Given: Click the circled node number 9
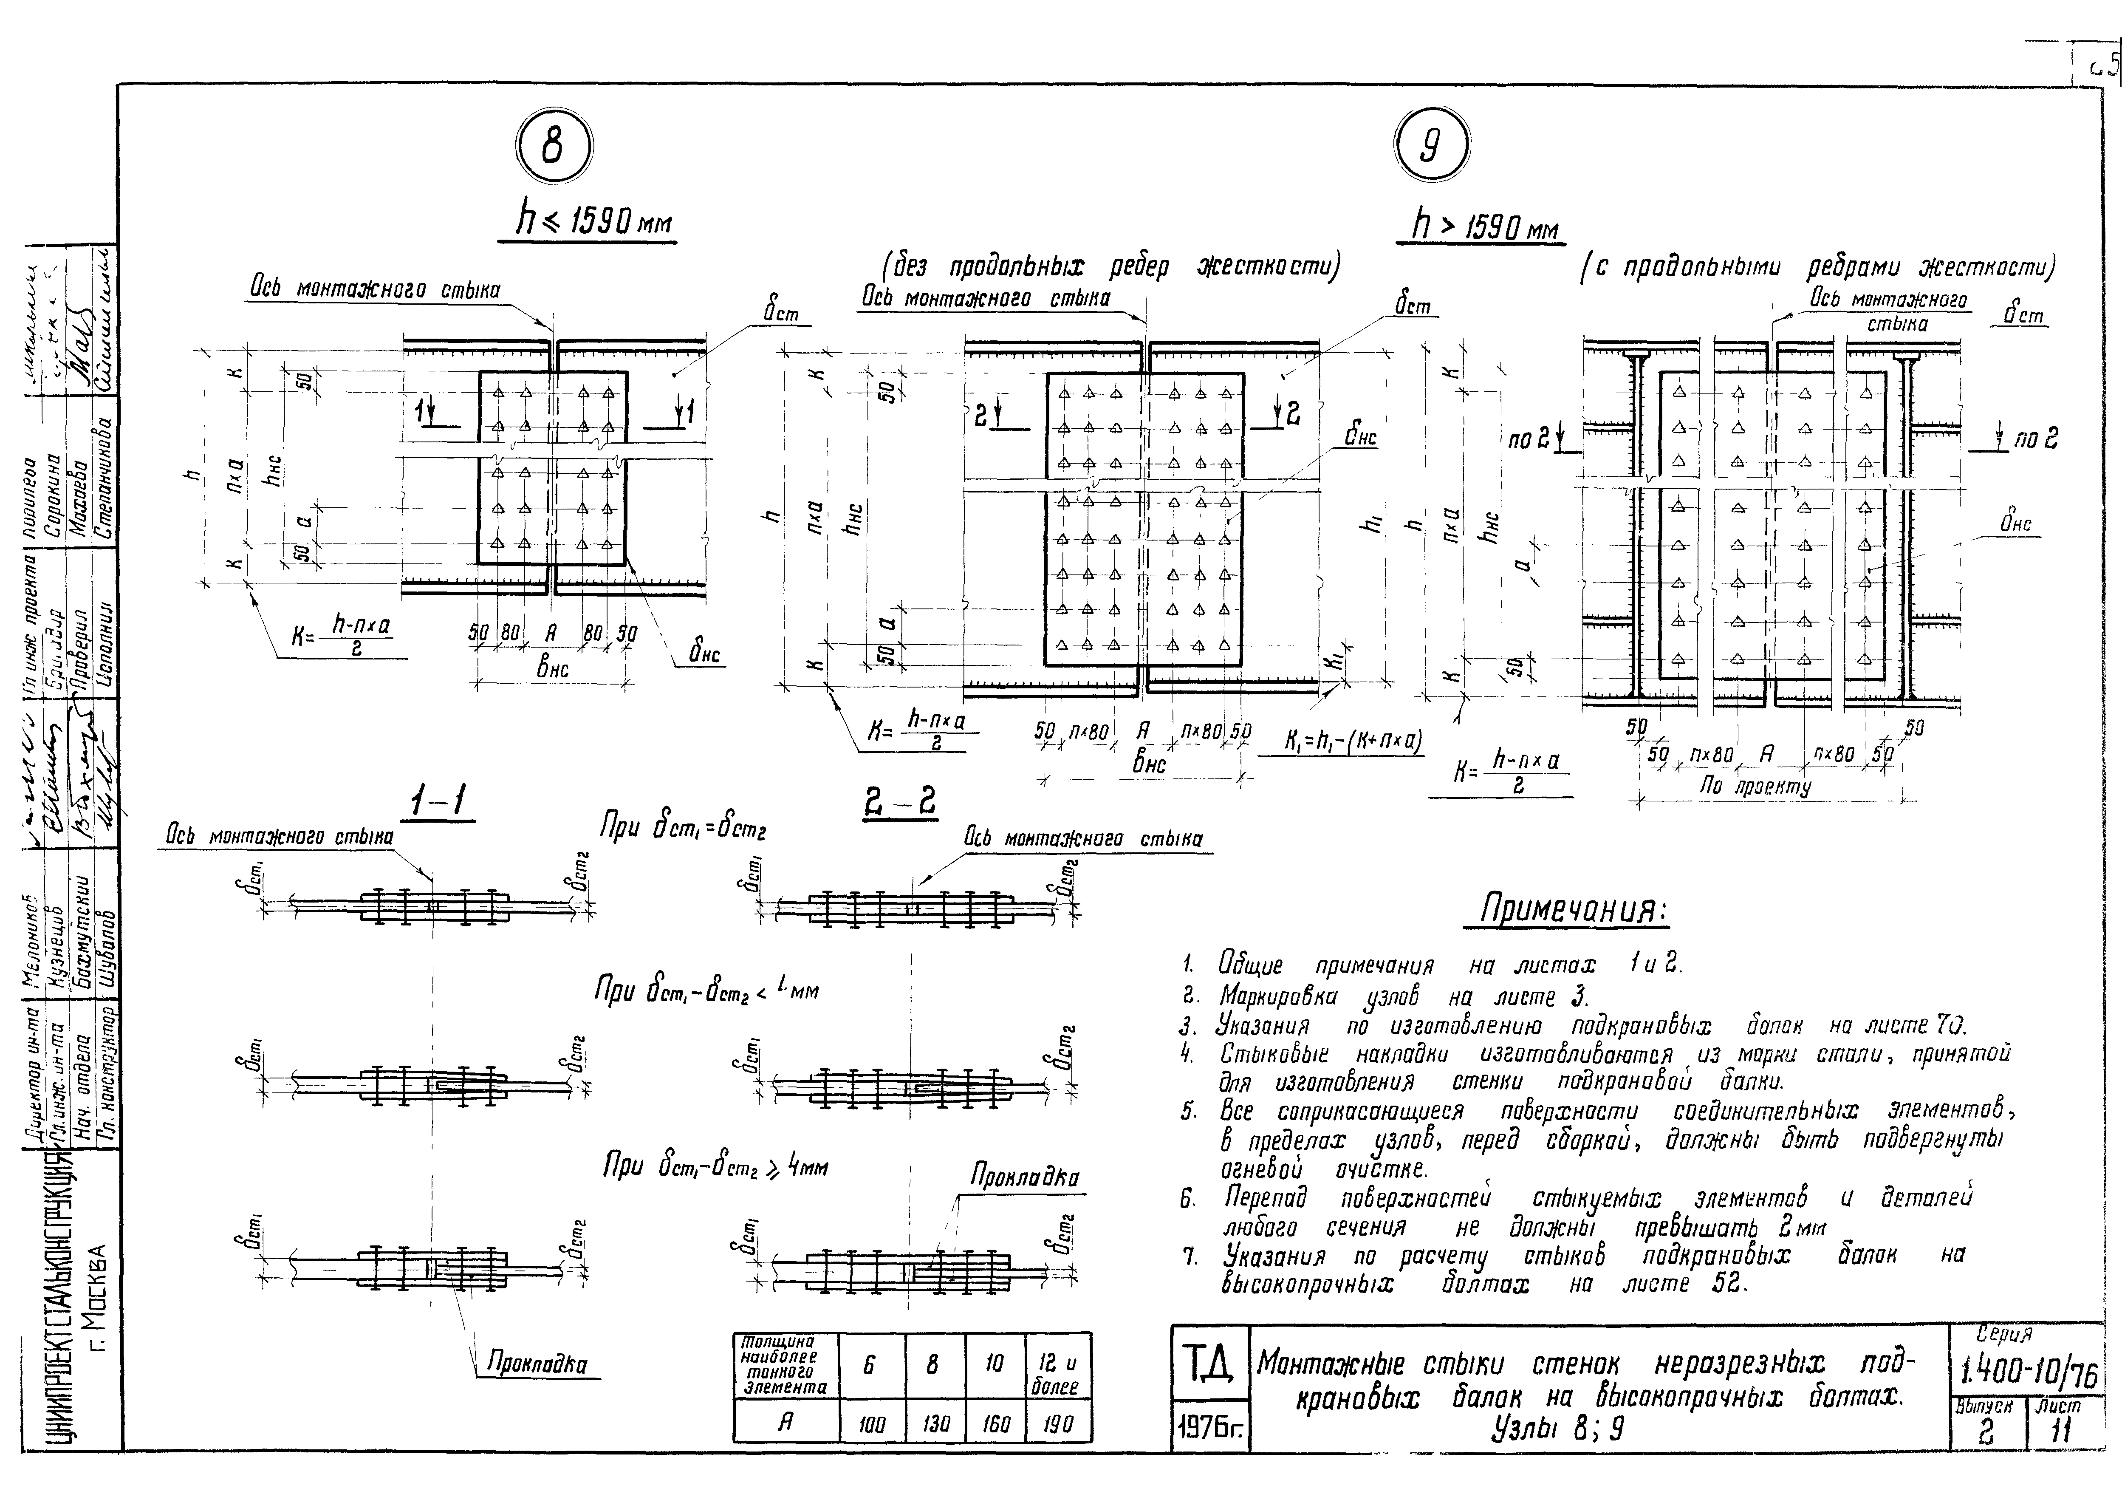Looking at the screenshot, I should [x=1431, y=147].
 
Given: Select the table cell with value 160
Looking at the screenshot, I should [x=995, y=1423].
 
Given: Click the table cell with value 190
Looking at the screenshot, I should [x=1059, y=1423].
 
